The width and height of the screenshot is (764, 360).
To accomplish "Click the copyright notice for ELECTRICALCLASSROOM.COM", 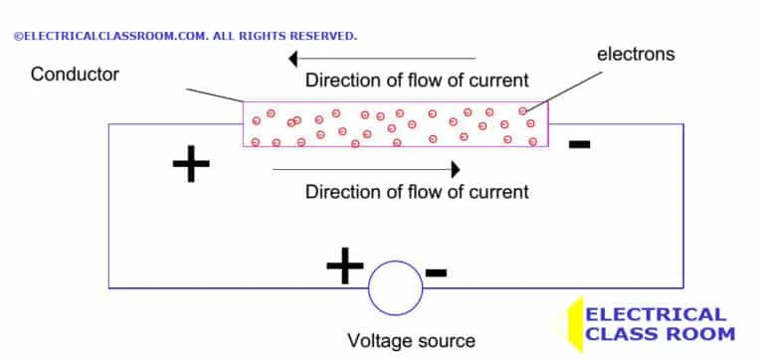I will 184,36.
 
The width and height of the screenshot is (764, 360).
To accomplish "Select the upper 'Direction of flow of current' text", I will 417,80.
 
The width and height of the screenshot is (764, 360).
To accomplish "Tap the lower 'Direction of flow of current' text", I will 417,191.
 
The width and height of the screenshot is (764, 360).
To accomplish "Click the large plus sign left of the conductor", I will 191,165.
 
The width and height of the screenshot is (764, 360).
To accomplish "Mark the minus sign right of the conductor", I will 579,145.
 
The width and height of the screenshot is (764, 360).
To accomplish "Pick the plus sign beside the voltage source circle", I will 344,266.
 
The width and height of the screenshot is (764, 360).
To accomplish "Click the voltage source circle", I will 395,288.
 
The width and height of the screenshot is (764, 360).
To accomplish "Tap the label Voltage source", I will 411,341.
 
